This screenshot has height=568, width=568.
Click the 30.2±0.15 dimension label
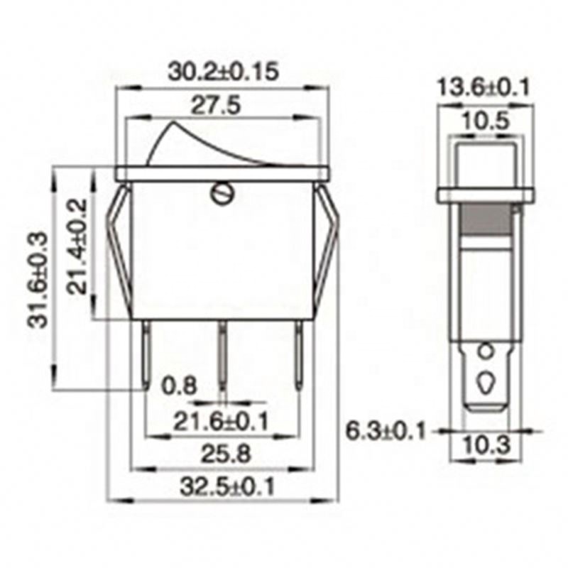(x=224, y=72)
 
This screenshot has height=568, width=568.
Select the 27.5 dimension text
(x=216, y=106)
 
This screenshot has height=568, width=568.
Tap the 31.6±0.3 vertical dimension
(x=38, y=280)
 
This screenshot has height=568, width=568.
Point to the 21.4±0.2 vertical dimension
(x=77, y=246)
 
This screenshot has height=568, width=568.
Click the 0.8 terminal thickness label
(x=180, y=386)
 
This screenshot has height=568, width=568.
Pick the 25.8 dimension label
(x=226, y=454)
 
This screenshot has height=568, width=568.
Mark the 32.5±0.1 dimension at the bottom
(x=227, y=486)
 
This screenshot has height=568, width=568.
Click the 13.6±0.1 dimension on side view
(x=484, y=87)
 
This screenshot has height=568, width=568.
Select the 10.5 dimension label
(x=486, y=121)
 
